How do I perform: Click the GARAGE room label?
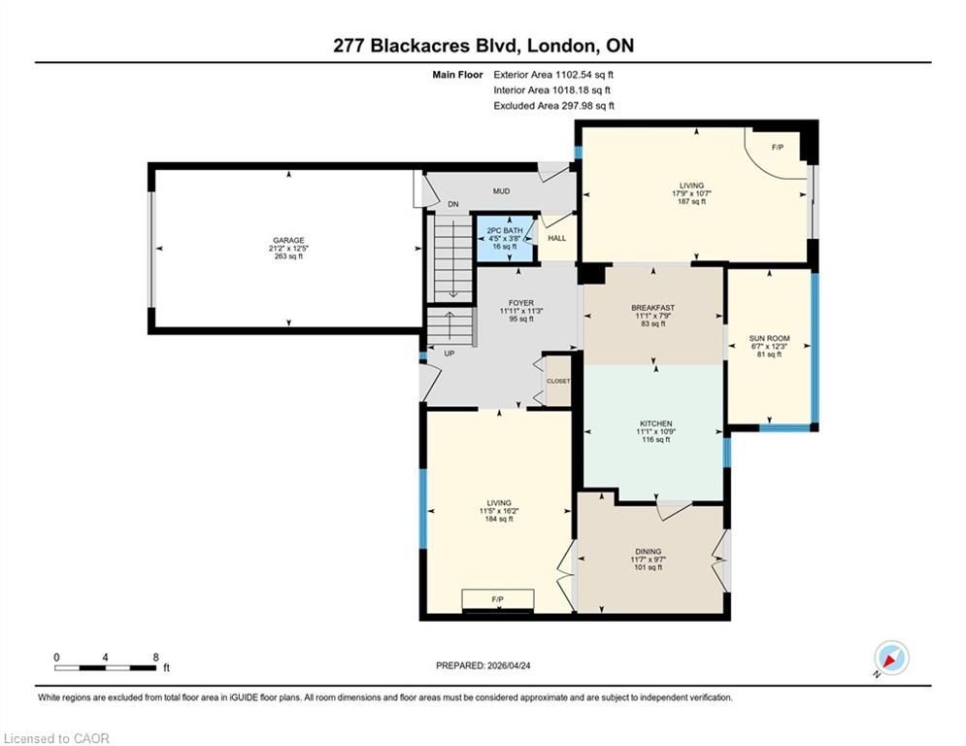click(x=288, y=241)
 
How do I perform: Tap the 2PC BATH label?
click(x=505, y=230)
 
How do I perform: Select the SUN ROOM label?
click(x=769, y=338)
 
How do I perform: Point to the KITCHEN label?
click(x=655, y=424)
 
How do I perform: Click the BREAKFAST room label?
click(x=653, y=308)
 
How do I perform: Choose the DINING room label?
click(x=649, y=552)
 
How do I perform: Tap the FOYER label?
click(x=521, y=303)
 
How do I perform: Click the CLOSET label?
click(x=558, y=381)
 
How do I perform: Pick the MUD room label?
click(x=502, y=191)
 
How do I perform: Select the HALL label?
click(x=557, y=238)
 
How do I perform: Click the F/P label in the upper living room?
click(x=778, y=148)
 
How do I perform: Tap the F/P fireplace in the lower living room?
click(x=498, y=599)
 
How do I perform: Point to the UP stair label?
click(x=450, y=354)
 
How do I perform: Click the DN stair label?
click(x=453, y=204)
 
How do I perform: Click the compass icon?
click(x=891, y=659)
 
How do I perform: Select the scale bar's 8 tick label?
click(x=156, y=658)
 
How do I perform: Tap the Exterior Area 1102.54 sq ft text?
click(x=553, y=75)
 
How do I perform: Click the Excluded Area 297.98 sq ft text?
click(x=553, y=106)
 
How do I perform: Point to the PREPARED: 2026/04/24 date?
click(x=483, y=665)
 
